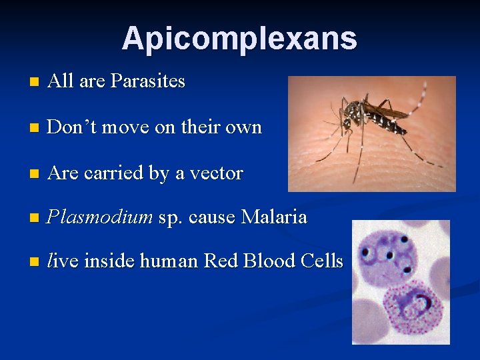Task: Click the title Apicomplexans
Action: [239, 39]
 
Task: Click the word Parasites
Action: [148, 81]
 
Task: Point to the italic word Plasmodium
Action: [100, 217]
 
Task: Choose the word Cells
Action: [323, 261]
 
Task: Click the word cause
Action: [213, 217]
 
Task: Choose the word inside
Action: [107, 261]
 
